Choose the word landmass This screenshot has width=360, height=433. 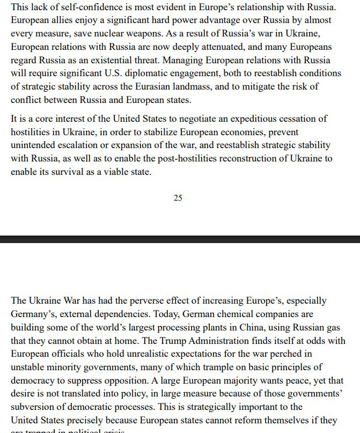[237, 85]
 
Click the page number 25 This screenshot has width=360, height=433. [178, 198]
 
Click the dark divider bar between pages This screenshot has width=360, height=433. [180, 239]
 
